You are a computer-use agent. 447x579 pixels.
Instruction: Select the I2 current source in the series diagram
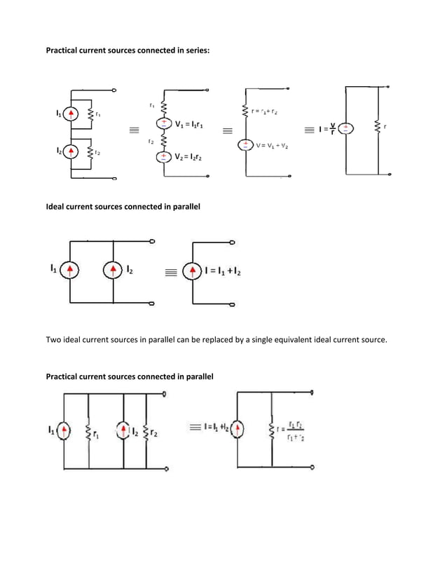(70, 152)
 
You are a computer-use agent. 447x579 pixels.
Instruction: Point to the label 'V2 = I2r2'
(188, 158)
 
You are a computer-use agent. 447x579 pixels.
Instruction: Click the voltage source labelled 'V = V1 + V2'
(245, 145)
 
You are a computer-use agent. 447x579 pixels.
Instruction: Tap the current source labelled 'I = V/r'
(347, 129)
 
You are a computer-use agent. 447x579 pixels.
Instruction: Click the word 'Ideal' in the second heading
(57, 207)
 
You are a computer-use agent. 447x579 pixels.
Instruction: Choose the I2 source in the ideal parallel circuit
(112, 270)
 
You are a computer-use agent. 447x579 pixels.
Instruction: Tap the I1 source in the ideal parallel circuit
(70, 270)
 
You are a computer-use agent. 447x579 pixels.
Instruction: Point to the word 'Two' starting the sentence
(54, 340)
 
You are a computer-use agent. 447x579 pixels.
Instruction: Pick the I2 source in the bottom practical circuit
(123, 431)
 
